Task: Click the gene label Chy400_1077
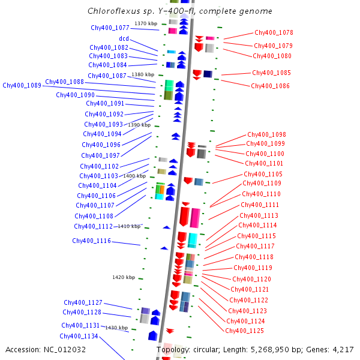click(x=110, y=28)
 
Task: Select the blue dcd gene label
click(x=124, y=38)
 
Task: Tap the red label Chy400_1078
click(x=274, y=32)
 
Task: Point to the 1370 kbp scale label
click(x=146, y=23)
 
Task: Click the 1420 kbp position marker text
click(x=124, y=277)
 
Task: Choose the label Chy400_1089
click(x=22, y=85)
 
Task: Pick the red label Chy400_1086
click(x=270, y=86)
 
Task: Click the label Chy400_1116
click(x=91, y=241)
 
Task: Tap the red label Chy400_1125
click(x=244, y=331)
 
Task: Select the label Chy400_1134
click(x=79, y=336)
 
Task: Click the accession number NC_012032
click(x=65, y=350)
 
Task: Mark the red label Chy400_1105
click(x=263, y=174)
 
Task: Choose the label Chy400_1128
click(x=82, y=312)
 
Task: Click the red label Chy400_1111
click(x=260, y=205)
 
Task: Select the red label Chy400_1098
click(x=266, y=134)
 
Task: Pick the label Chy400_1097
click(x=100, y=155)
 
